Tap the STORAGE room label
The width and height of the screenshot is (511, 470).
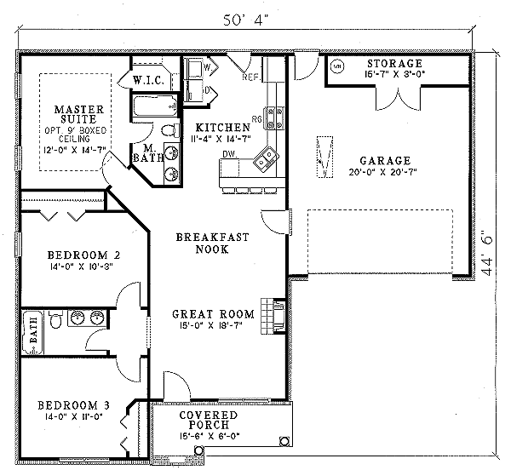coord(394,65)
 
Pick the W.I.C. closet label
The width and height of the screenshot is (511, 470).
coord(149,81)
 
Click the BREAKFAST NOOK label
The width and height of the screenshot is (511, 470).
coord(213,244)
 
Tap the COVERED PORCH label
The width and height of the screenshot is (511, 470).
coord(202,422)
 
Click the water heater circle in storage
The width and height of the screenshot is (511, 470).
coord(336,66)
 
